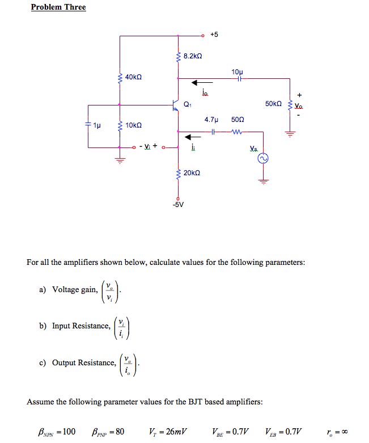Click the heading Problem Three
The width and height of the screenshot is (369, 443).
click(58, 7)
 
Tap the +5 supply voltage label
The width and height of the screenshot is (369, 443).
click(214, 35)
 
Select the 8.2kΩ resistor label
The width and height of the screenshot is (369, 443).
click(193, 57)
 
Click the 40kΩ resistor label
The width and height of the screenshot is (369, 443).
click(134, 77)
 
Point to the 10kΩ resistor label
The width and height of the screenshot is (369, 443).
click(134, 125)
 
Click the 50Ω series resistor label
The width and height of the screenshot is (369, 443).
click(237, 120)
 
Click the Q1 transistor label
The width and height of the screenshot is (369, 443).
click(187, 104)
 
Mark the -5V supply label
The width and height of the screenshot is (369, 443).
click(179, 205)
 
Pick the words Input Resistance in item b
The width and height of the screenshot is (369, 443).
click(81, 326)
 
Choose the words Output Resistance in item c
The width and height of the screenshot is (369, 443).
click(84, 363)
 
